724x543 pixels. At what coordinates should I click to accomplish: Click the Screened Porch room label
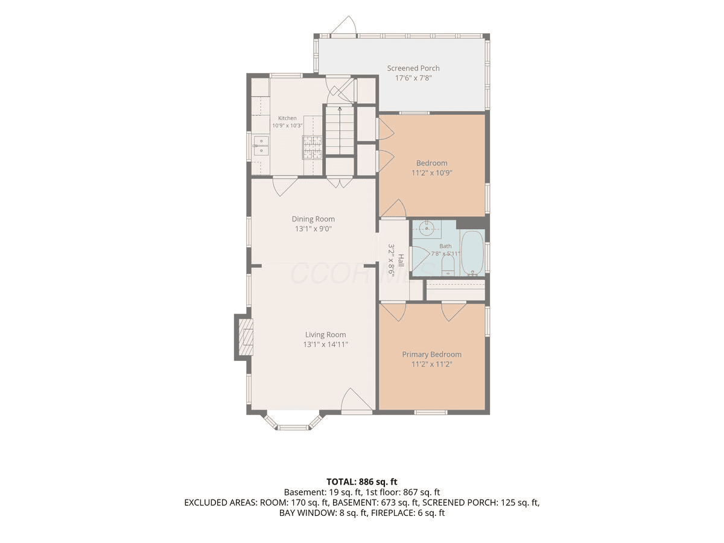(x=413, y=68)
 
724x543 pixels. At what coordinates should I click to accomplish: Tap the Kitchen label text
(x=287, y=118)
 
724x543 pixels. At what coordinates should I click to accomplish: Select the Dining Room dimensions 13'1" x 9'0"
(x=313, y=229)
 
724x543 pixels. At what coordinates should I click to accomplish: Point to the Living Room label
(x=326, y=335)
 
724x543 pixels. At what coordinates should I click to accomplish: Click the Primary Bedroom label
(x=431, y=354)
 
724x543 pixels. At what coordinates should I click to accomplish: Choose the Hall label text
(x=401, y=260)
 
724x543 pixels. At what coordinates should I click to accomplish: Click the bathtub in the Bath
(x=472, y=253)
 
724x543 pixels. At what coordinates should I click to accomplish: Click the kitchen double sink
(x=261, y=146)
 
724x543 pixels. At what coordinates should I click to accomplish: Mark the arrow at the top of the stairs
(x=340, y=109)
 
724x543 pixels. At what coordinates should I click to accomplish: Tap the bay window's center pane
(x=293, y=428)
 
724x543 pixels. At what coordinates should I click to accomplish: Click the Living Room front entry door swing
(x=356, y=401)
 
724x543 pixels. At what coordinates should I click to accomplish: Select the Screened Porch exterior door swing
(x=344, y=25)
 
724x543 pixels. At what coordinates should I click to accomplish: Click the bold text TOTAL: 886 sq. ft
(x=362, y=481)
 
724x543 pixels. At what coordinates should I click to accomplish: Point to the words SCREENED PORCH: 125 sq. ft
(x=481, y=503)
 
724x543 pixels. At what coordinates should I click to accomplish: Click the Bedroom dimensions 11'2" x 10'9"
(x=431, y=173)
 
